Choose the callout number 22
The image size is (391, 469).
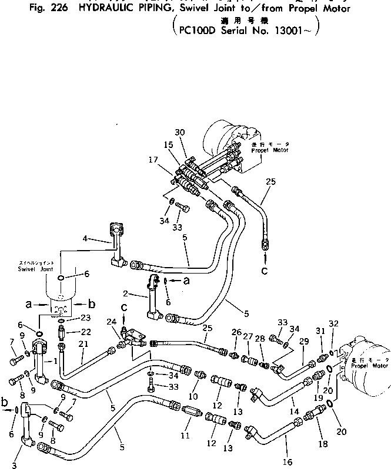(86, 332)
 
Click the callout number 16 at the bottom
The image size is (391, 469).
(288, 462)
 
